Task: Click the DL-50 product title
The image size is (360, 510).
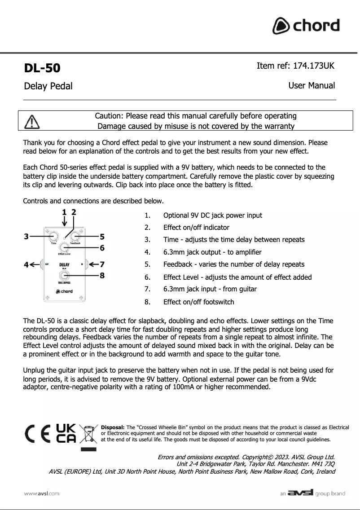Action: coord(42,68)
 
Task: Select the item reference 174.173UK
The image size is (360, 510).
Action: coord(295,66)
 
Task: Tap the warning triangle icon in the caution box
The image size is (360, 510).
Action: coord(32,121)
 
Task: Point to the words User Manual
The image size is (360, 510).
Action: coord(312,85)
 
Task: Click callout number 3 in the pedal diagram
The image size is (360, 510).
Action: coord(26,236)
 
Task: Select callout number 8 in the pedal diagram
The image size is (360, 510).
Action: coord(102,275)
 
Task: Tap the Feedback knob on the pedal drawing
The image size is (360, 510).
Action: coord(75,237)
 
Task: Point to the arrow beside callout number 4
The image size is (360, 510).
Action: coord(35,264)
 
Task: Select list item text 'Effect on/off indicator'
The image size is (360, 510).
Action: coord(196,228)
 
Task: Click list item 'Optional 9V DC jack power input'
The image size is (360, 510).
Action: coord(212,215)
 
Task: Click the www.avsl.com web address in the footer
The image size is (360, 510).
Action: coord(42,493)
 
